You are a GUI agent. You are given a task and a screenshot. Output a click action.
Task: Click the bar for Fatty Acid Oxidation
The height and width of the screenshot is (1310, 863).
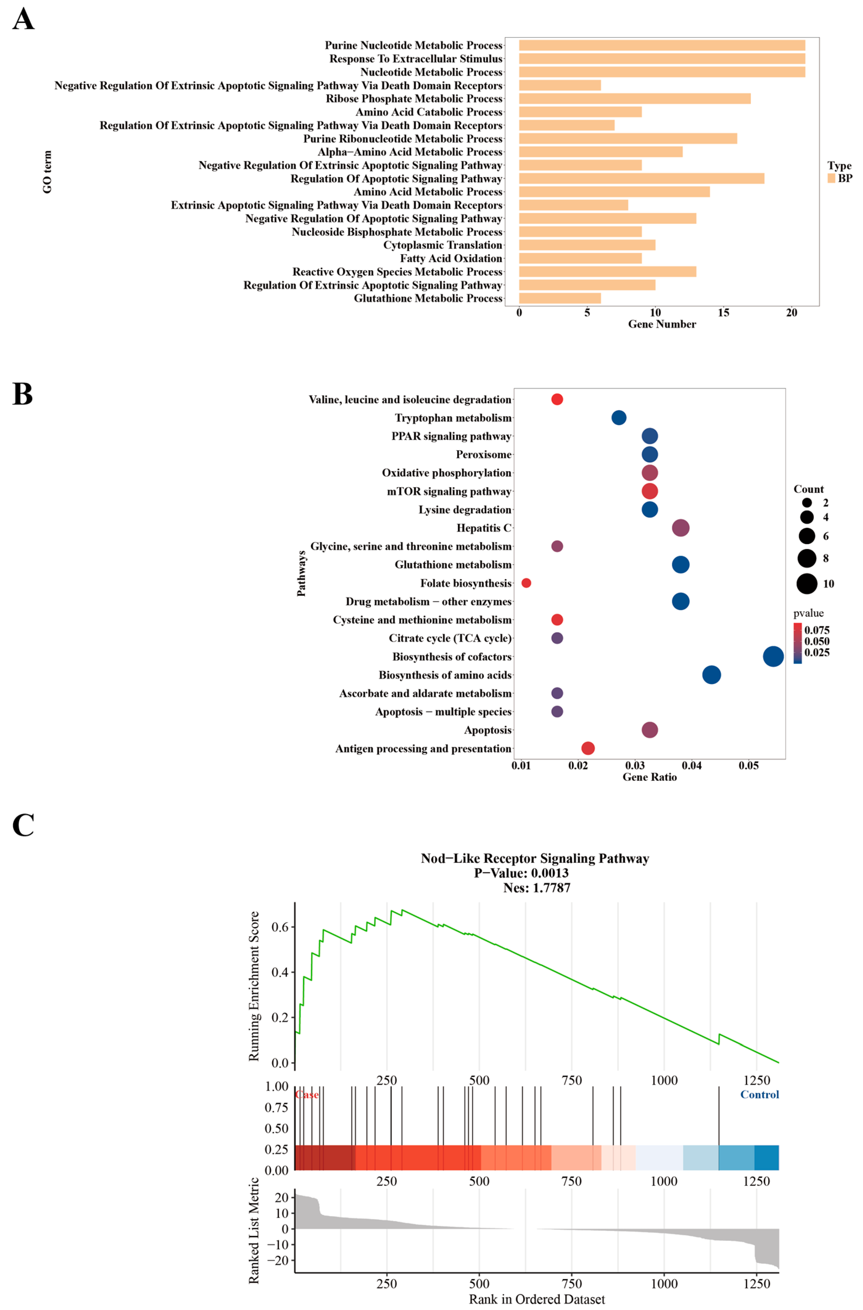[x=580, y=258]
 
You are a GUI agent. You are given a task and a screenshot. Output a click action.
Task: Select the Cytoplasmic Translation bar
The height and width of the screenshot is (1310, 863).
[x=587, y=245]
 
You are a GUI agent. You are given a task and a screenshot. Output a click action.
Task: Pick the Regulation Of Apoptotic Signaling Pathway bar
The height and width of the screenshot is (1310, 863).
[x=641, y=178]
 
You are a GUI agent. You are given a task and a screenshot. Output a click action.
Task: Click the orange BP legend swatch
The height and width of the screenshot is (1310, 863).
[x=831, y=178]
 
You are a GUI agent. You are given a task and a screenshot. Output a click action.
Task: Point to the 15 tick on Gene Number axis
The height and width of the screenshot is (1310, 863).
[x=723, y=313]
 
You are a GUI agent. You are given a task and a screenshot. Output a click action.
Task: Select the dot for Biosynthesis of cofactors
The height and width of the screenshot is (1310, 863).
[x=773, y=656]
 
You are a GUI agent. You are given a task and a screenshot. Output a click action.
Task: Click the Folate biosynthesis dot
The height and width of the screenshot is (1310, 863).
[x=526, y=583]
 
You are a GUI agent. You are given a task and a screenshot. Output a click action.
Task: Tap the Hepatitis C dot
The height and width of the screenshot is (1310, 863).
[x=680, y=528]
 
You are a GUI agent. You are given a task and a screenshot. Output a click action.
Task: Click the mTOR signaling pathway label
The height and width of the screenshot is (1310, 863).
[x=449, y=491]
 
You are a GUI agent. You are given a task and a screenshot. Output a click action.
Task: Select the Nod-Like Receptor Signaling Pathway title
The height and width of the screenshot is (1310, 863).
[x=535, y=858]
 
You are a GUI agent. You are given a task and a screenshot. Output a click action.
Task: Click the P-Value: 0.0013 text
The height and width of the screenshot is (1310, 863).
[x=521, y=873]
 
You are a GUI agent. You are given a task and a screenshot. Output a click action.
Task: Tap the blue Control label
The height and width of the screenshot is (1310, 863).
[x=759, y=1095]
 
